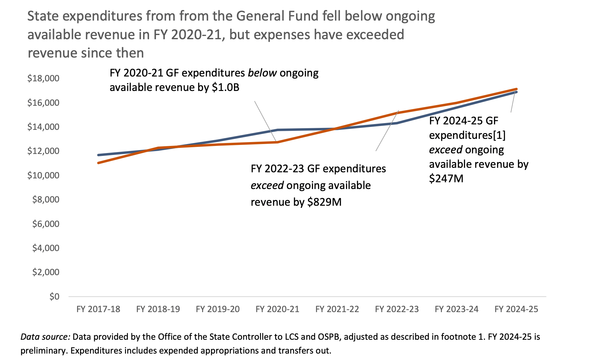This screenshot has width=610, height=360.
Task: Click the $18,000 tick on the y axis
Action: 43,78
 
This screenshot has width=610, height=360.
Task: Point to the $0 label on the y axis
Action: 54,296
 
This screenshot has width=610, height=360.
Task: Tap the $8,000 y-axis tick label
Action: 46,199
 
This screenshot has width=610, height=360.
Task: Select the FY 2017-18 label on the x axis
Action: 98,309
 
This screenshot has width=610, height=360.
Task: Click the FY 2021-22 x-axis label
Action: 337,309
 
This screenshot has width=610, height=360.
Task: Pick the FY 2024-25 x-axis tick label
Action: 516,309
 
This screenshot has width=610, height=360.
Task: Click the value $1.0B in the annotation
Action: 225,87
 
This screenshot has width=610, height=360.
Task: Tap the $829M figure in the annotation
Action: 324,202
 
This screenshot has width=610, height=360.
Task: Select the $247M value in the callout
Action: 446,179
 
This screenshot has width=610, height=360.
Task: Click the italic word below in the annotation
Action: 262,73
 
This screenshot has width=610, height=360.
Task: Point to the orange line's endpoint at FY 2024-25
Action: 516,89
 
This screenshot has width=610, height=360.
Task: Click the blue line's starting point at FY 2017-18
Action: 99,155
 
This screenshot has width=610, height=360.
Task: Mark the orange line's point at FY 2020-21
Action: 277,142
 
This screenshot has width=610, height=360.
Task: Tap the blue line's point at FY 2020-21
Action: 277,130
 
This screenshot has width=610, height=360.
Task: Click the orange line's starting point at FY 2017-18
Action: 99,163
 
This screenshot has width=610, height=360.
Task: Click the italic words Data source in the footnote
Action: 45,337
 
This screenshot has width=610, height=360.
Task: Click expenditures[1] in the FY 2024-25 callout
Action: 467,135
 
